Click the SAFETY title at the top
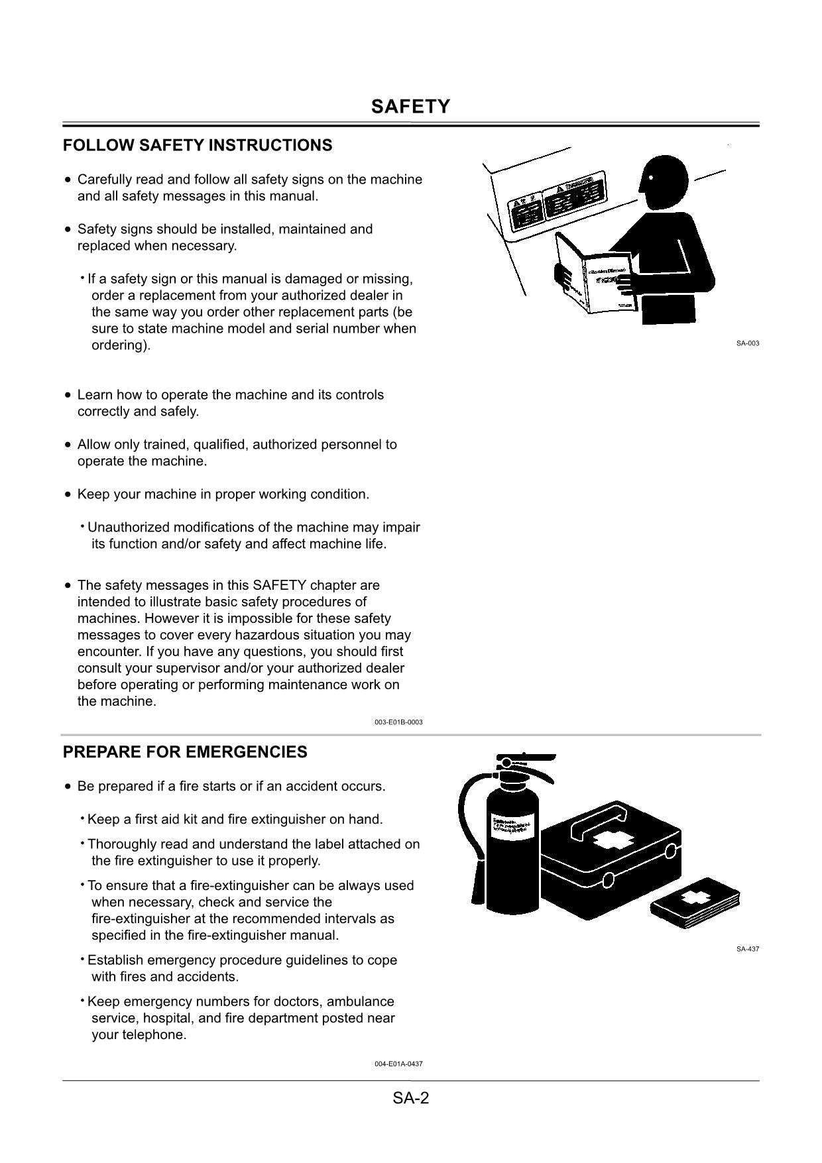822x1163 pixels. click(x=410, y=107)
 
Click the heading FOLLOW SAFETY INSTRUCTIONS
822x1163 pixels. click(x=198, y=145)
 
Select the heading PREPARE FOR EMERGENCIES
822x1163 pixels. click(x=185, y=752)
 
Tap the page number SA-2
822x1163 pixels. click(x=410, y=1098)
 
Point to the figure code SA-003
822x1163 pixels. click(x=747, y=343)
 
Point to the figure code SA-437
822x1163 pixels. click(x=747, y=949)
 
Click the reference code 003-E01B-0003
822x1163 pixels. click(x=398, y=722)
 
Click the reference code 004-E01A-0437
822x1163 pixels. click(x=398, y=1064)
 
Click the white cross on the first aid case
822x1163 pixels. click(x=612, y=840)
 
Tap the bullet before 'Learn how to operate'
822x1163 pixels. click(x=68, y=395)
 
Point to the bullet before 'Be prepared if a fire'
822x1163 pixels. click(x=68, y=787)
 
